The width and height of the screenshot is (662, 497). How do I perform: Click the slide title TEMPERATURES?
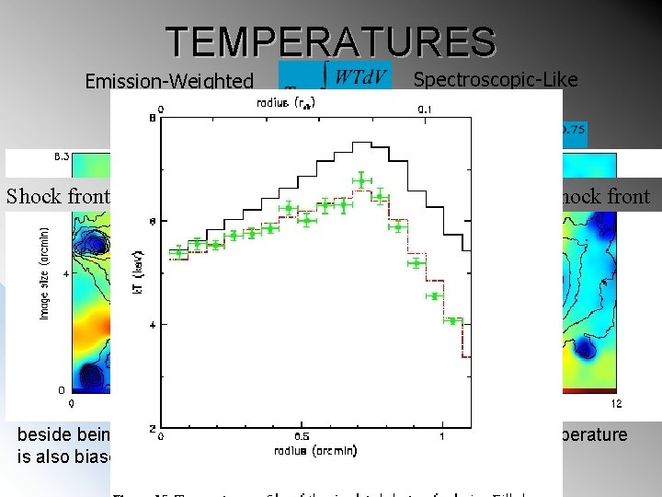(x=331, y=41)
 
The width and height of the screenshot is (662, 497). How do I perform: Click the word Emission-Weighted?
(x=168, y=82)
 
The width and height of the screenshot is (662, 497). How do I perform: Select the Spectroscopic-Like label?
(x=496, y=79)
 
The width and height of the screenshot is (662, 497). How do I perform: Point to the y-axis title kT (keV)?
(x=137, y=274)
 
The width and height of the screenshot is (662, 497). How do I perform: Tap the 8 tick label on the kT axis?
(x=152, y=117)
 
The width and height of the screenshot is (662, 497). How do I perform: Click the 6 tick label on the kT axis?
(x=152, y=221)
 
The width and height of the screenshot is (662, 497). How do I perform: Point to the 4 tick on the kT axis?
(x=152, y=325)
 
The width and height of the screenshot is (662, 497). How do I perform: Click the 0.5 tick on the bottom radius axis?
(x=301, y=436)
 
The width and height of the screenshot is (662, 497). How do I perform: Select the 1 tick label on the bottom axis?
(x=442, y=436)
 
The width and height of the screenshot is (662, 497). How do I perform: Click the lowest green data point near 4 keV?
(x=451, y=320)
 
